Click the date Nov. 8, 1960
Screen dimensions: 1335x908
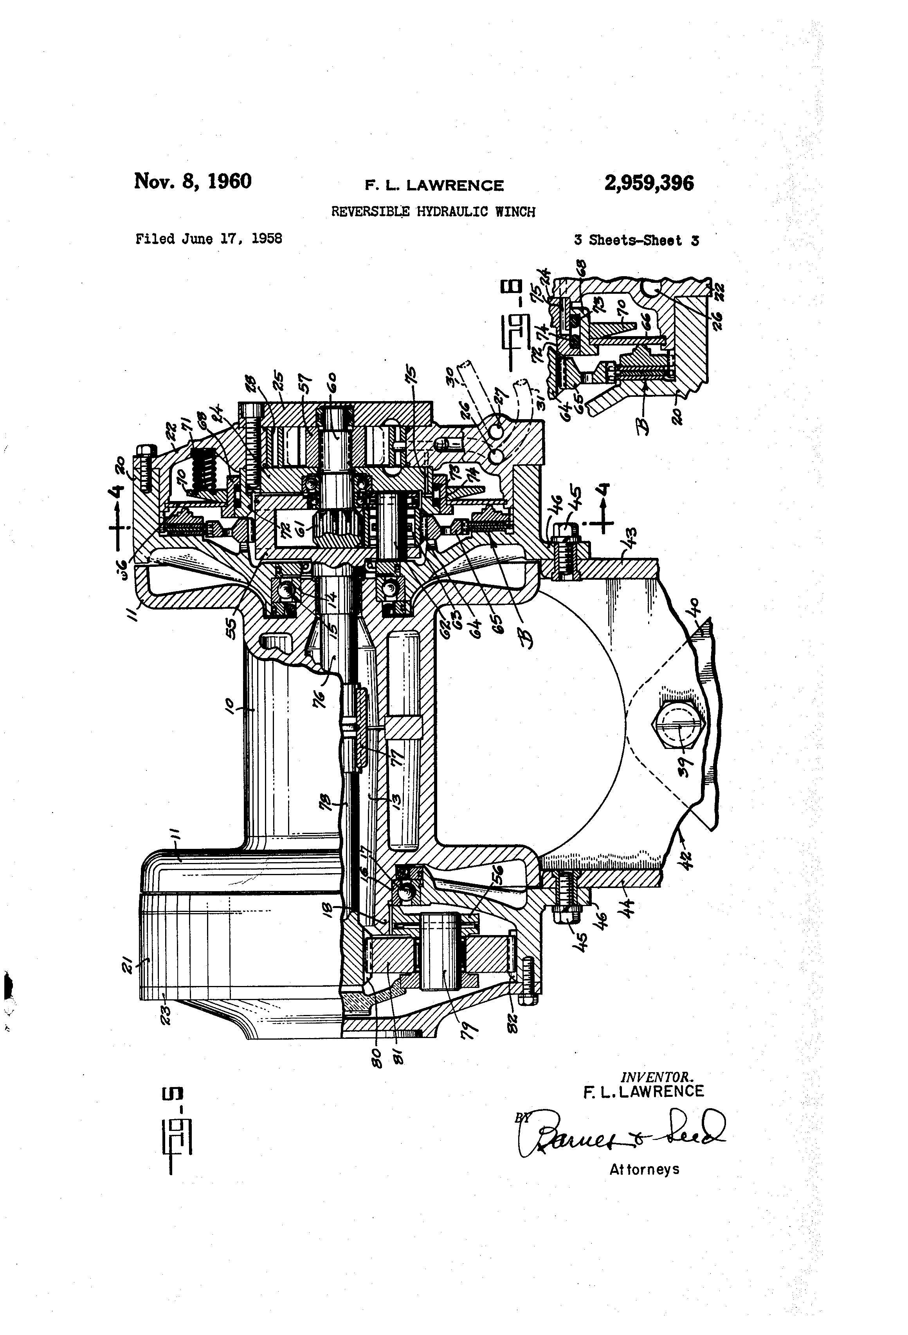193,181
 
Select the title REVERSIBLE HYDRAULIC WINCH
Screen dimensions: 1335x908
433,212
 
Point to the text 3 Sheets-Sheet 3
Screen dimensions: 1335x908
636,241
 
